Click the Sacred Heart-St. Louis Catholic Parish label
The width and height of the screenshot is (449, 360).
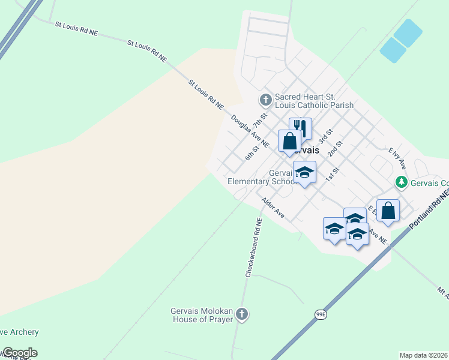[x=314, y=101]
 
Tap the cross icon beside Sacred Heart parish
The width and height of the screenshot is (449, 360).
[x=265, y=99]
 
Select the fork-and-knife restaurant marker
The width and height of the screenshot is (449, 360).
[x=300, y=128]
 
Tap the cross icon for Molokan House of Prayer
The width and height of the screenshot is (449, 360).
[x=241, y=314]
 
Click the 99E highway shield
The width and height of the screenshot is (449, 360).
[x=322, y=314]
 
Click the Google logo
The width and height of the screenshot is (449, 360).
[x=19, y=353]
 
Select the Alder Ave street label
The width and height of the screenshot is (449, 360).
[x=273, y=207]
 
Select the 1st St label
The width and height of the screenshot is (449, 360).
[x=333, y=175]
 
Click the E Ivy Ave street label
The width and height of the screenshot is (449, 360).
[x=397, y=158]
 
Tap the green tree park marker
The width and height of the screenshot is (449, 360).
[x=400, y=182]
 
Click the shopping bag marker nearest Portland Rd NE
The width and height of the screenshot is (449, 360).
[x=388, y=211]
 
